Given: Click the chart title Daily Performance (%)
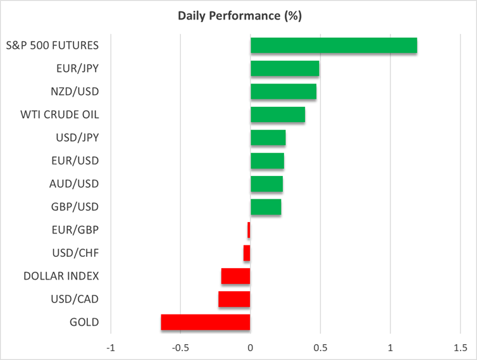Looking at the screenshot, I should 238,15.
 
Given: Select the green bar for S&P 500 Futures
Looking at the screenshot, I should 333,46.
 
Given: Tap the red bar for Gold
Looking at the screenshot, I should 206,322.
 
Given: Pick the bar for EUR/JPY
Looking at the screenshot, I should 285,68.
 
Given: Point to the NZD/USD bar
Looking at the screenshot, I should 283,92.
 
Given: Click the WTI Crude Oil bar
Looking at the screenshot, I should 278,115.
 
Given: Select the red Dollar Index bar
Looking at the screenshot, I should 236,276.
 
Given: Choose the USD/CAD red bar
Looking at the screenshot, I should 234,299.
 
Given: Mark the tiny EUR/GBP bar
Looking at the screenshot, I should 249,230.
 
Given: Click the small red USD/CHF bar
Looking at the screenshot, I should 247,253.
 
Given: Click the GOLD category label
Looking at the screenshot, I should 84,322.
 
